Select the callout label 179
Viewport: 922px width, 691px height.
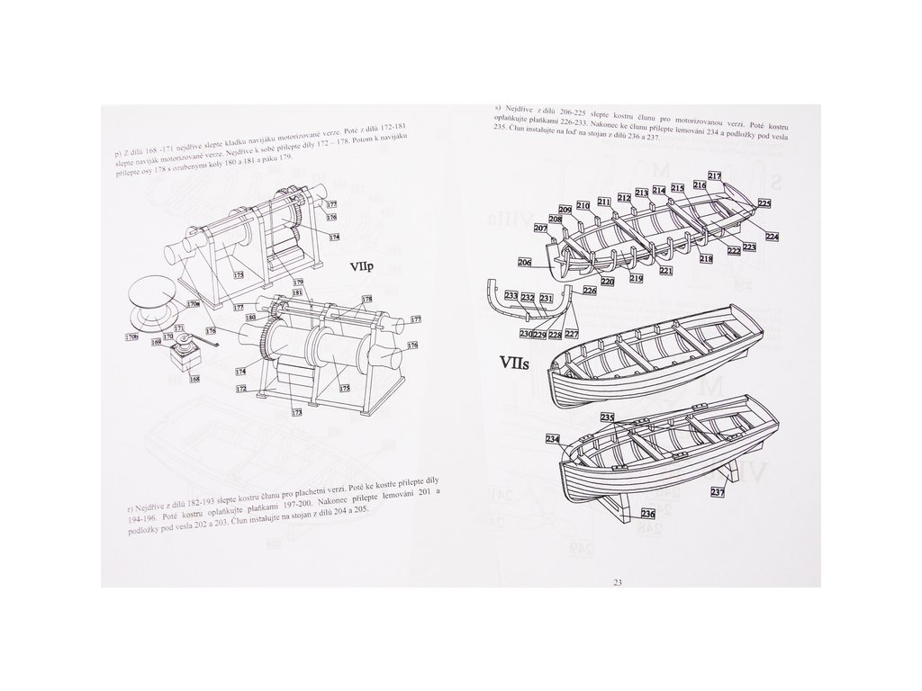[x=299, y=283]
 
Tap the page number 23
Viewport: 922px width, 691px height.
[x=617, y=582]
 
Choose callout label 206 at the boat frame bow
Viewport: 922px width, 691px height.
[x=525, y=263]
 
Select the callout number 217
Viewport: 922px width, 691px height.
[x=715, y=175]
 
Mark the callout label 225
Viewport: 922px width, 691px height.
[x=764, y=204]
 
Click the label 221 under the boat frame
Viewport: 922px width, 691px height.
[x=665, y=270]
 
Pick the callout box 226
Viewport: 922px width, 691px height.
[x=590, y=291]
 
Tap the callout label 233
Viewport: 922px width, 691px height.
[x=511, y=297]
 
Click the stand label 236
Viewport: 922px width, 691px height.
[x=647, y=514]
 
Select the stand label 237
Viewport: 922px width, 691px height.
[x=717, y=491]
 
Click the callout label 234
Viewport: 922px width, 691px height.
[x=552, y=438]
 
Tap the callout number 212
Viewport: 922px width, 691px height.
[x=623, y=197]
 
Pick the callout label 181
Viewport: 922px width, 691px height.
[x=298, y=294]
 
